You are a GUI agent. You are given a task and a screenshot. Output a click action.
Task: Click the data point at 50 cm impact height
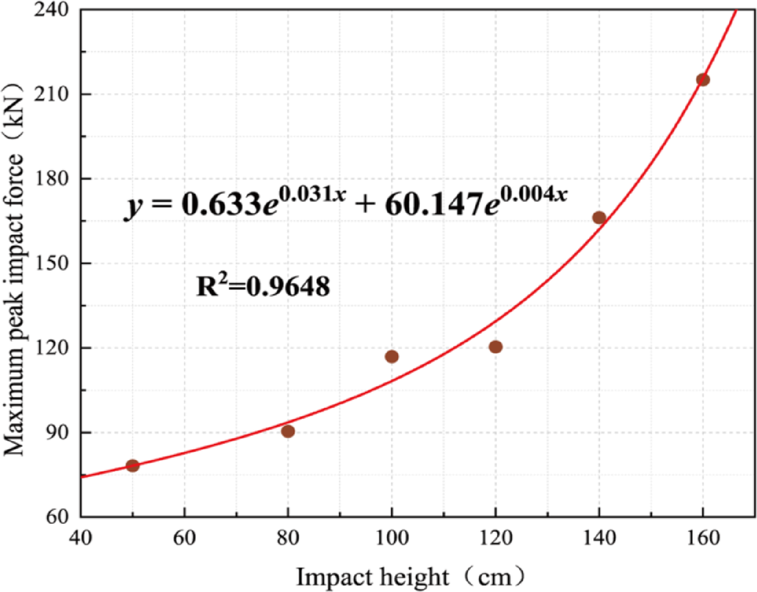click(x=133, y=465)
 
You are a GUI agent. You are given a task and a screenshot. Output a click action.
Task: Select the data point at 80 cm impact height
click(x=288, y=431)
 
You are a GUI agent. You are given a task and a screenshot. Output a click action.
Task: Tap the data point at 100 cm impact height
click(x=391, y=357)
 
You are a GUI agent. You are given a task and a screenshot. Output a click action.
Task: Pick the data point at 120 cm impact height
click(x=496, y=347)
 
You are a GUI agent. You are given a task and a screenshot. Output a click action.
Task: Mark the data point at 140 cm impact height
click(x=599, y=218)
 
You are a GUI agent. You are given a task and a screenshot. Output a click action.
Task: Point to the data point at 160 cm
click(x=703, y=80)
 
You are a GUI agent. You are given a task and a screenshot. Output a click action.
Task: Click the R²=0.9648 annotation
click(x=263, y=286)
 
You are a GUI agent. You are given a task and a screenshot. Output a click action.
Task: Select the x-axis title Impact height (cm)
click(x=411, y=577)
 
